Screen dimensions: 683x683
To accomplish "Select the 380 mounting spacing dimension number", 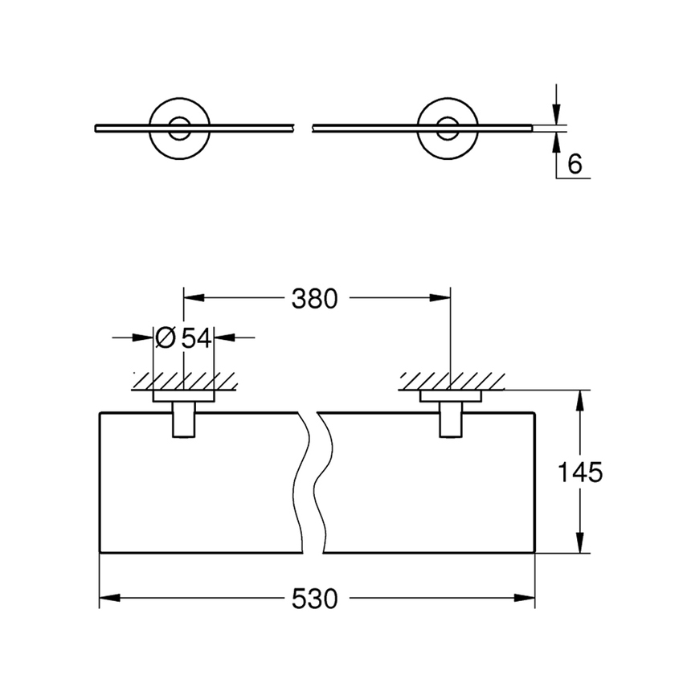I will tap(313, 299).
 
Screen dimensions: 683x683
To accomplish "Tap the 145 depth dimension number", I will tap(580, 472).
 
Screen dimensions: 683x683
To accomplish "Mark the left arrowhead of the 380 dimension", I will tap(194, 299).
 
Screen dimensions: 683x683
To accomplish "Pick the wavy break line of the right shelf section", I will tap(324, 482).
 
